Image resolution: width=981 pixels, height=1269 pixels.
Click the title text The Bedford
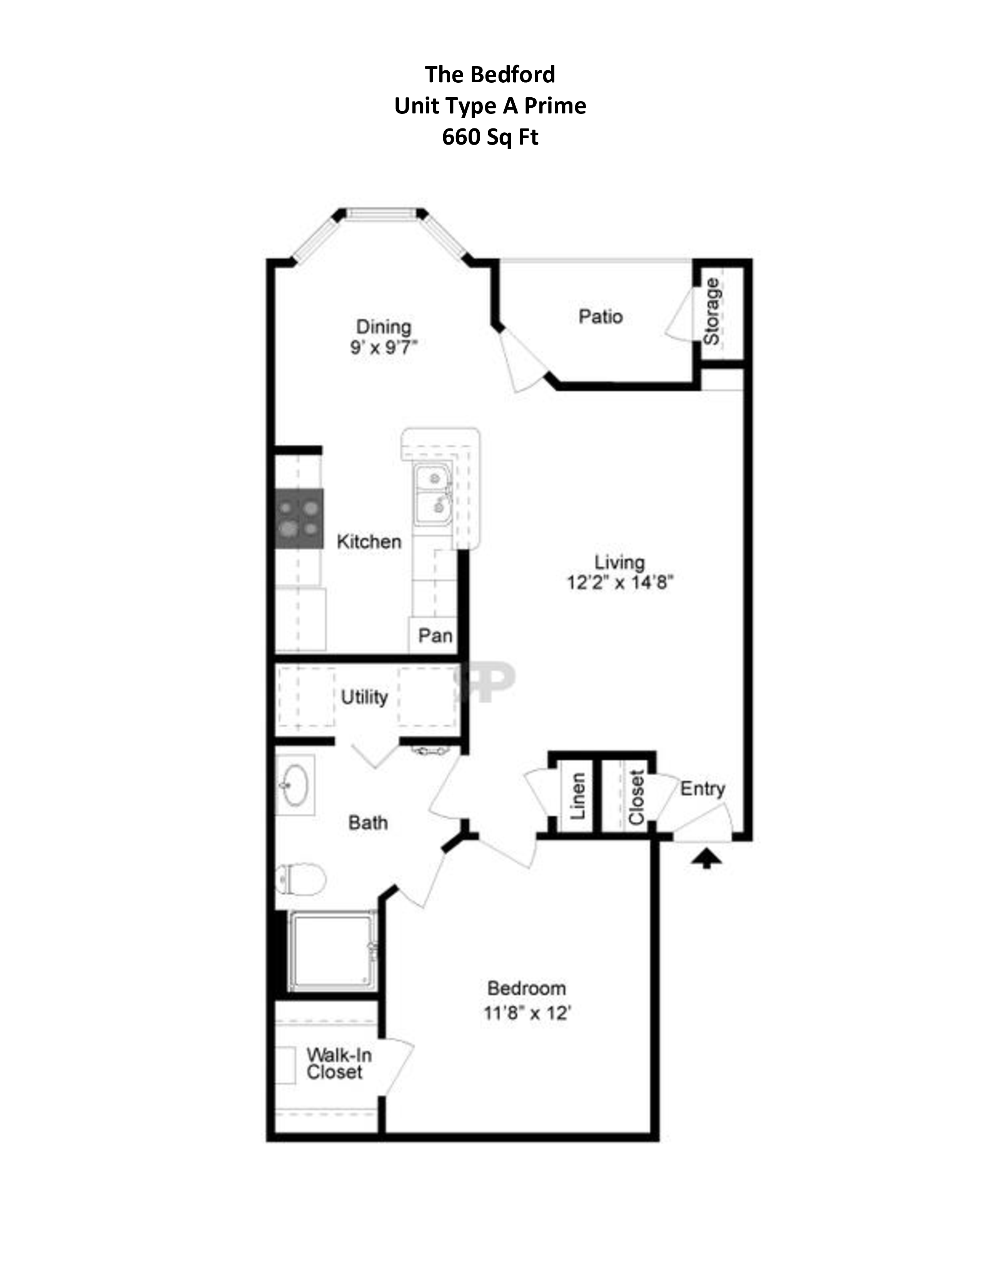click(490, 74)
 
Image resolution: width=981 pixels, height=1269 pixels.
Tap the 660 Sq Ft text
click(490, 137)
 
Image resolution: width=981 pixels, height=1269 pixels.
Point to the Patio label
click(601, 316)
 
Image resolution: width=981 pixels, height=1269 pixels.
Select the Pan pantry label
click(435, 636)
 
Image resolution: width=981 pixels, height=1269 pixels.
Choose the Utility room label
click(364, 697)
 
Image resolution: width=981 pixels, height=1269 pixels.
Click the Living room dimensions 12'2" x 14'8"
click(619, 582)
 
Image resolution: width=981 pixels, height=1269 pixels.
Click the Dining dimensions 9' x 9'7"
click(384, 348)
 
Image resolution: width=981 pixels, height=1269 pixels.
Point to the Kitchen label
click(369, 541)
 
